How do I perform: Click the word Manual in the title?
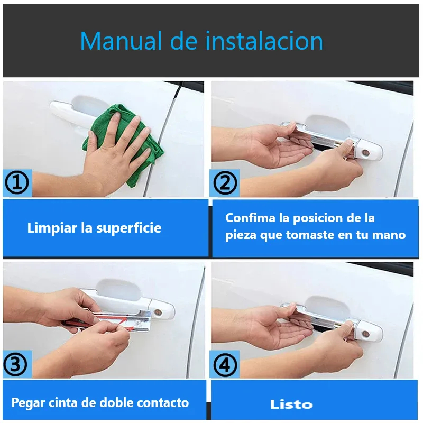(x=121, y=41)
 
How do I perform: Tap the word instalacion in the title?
(x=264, y=41)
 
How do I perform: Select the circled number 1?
(x=17, y=183)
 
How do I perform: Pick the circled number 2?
(x=225, y=183)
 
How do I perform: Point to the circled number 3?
(x=15, y=364)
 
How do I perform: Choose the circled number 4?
(x=225, y=365)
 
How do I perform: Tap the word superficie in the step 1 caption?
(x=128, y=228)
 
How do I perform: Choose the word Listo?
(x=291, y=404)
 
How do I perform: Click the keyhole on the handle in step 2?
(x=366, y=153)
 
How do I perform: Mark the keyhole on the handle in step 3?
(x=158, y=312)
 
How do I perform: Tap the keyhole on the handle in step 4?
(x=366, y=334)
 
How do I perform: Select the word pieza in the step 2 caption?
(x=241, y=235)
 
